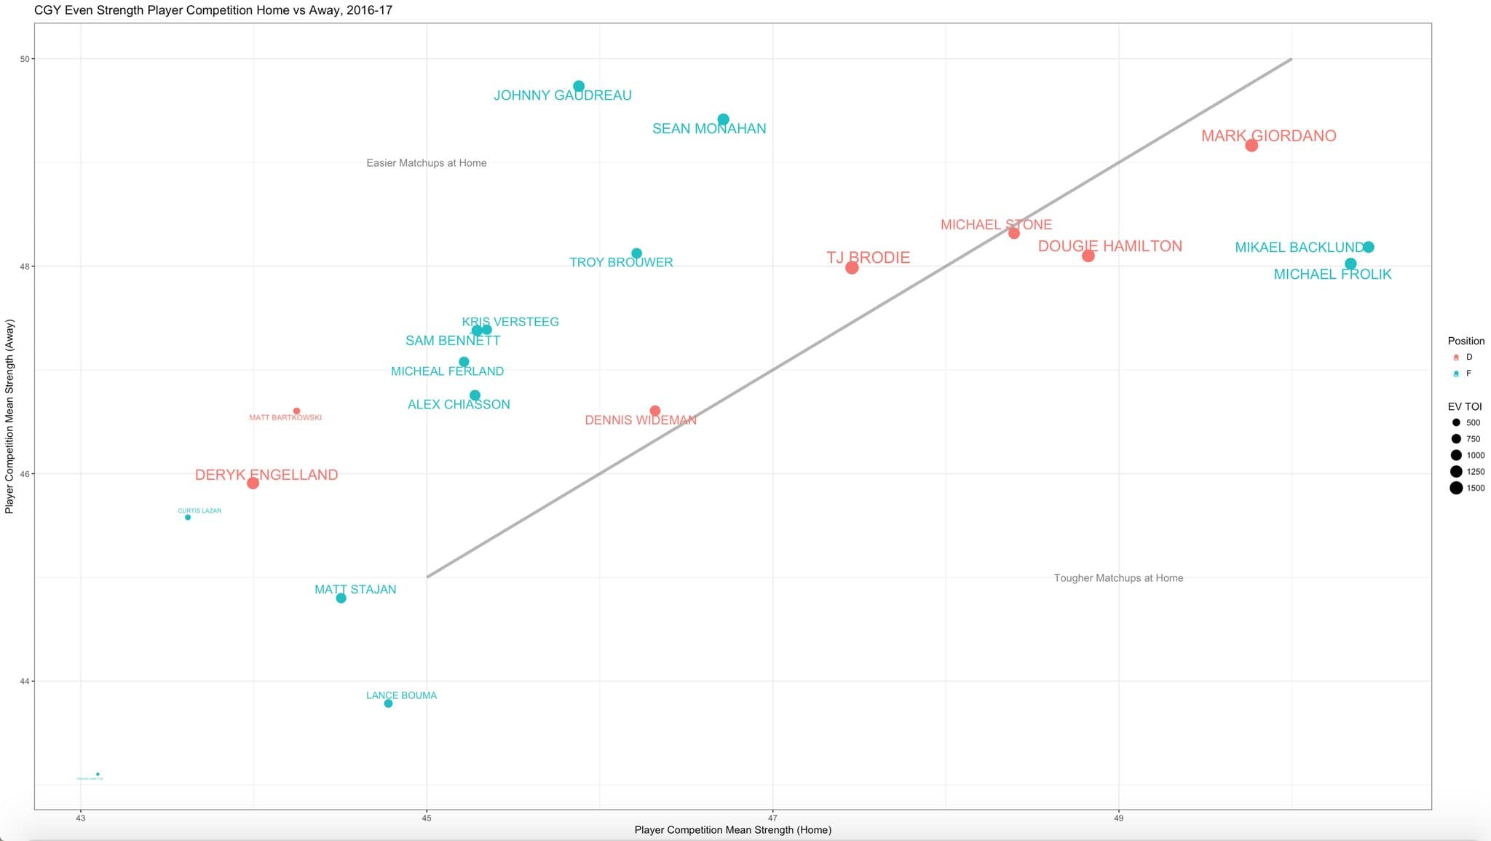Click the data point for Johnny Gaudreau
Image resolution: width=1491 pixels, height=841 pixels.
pos(579,86)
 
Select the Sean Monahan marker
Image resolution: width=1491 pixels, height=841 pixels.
pos(723,119)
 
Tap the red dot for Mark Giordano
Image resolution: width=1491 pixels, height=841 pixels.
pos(1251,146)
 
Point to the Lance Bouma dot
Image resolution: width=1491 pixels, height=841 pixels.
pos(388,703)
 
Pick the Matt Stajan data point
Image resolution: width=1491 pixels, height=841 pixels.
pos(341,598)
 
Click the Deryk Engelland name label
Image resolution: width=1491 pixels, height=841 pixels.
pos(266,475)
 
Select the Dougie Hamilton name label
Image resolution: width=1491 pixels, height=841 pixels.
pos(1110,246)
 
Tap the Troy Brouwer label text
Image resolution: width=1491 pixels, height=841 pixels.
pos(621,262)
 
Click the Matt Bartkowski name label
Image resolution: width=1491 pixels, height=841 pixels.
pos(285,418)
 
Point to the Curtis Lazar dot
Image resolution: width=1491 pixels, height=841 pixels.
pos(188,517)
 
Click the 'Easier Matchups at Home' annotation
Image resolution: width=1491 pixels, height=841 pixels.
pos(427,163)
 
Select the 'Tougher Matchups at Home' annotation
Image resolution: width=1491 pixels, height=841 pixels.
pos(1118,578)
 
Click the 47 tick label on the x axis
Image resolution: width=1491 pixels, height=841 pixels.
pos(772,818)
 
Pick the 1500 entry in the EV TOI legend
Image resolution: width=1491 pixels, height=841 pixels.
pos(1466,488)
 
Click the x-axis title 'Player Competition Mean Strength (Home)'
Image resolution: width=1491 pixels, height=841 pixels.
pos(732,830)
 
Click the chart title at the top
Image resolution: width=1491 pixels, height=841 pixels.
pos(213,10)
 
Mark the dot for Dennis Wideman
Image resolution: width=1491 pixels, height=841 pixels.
pos(654,411)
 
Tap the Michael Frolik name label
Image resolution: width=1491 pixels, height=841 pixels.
pos(1332,275)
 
